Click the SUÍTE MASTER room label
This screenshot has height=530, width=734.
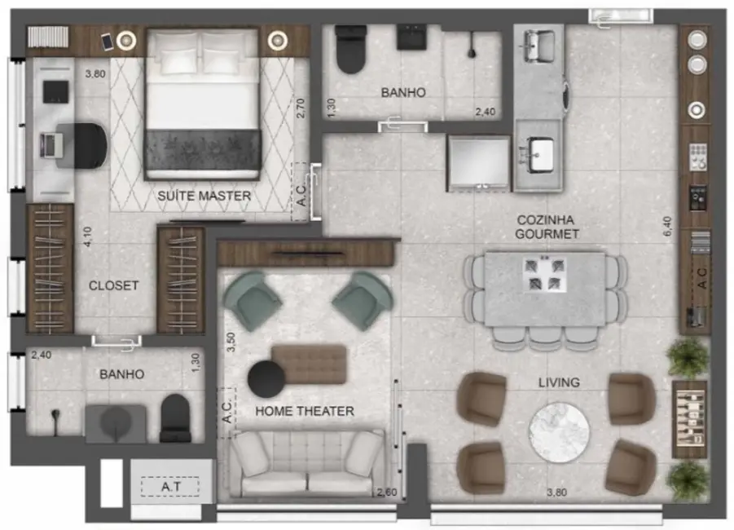[204, 196]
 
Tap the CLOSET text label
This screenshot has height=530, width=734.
[113, 286]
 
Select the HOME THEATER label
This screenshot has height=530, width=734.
[305, 411]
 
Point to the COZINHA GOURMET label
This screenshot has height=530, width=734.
[546, 227]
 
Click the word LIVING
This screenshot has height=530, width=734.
[558, 382]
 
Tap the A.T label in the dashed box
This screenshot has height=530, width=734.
[170, 487]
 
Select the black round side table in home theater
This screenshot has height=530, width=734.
[266, 378]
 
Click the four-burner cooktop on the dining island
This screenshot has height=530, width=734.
[545, 273]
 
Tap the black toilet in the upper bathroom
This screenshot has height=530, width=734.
[353, 49]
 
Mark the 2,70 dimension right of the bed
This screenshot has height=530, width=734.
[300, 108]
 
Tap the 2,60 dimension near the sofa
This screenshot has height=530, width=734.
[385, 492]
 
